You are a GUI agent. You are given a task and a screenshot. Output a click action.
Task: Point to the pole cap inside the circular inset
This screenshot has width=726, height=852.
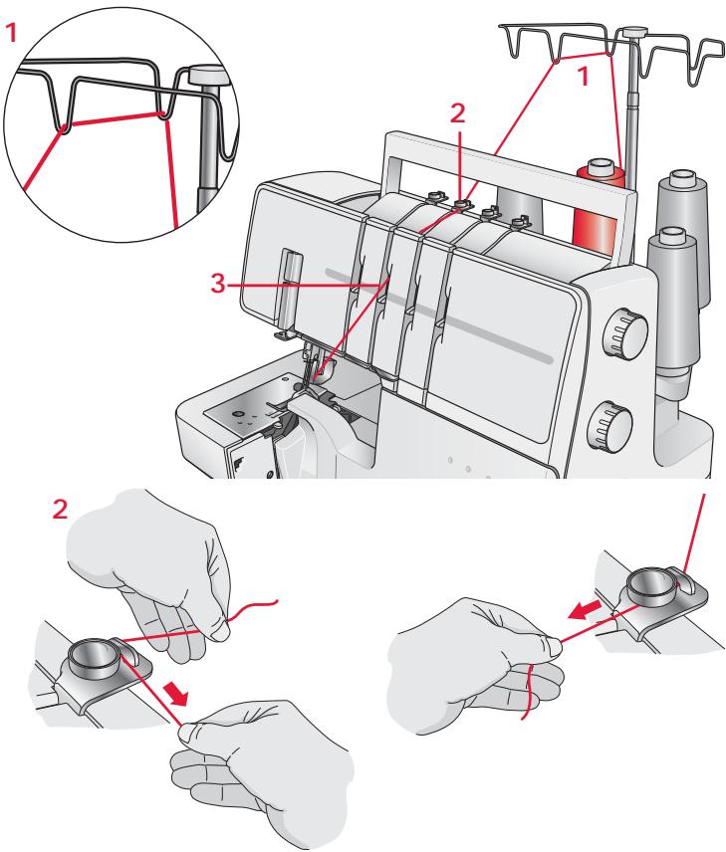click(204, 75)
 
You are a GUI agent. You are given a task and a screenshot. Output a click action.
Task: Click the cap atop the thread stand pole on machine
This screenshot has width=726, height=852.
click(630, 35)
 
